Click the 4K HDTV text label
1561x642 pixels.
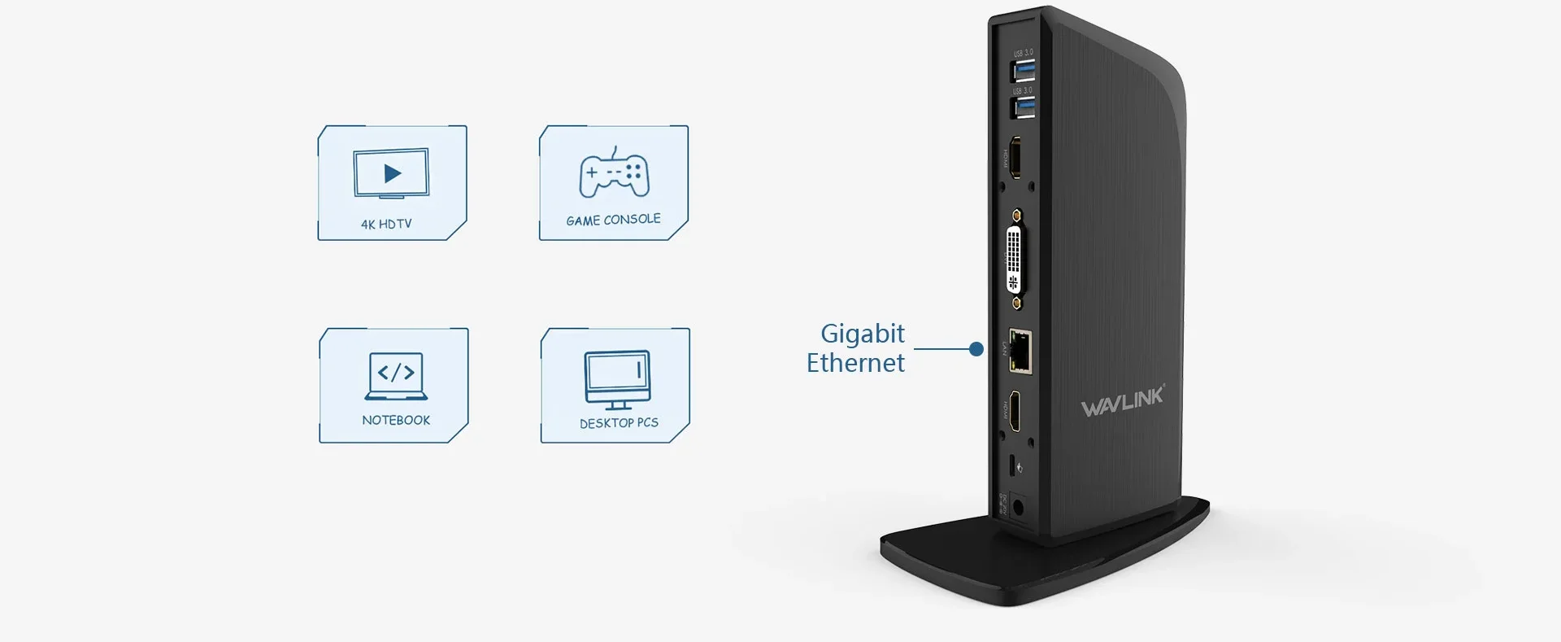(386, 224)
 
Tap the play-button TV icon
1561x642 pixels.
(391, 173)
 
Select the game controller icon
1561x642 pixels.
(614, 174)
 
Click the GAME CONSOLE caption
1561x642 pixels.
(613, 220)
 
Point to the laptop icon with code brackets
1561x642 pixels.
(396, 376)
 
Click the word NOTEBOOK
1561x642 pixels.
(396, 420)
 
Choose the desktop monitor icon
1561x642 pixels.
(617, 379)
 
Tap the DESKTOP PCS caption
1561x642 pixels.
(619, 423)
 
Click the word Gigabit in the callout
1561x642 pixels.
(862, 334)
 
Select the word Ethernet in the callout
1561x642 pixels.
(855, 363)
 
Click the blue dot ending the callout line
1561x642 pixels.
(976, 349)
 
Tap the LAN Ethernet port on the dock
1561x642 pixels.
(1020, 351)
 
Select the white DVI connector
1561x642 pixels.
(1015, 260)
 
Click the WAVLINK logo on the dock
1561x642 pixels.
(1122, 401)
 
